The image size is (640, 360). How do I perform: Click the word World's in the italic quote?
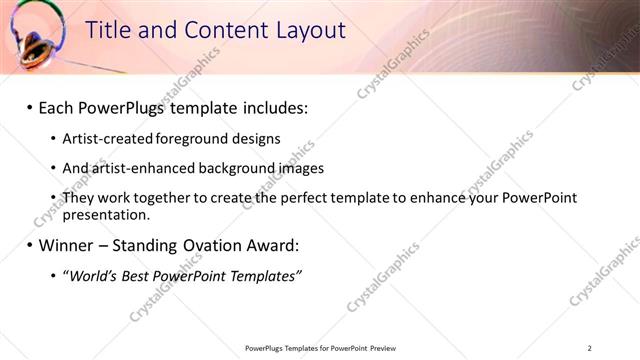(x=93, y=275)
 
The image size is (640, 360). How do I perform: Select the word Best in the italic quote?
(x=141, y=275)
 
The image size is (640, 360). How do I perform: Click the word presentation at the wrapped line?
(x=105, y=214)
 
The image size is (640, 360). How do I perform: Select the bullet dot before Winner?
(x=29, y=245)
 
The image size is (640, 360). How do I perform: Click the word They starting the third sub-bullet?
(x=79, y=198)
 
